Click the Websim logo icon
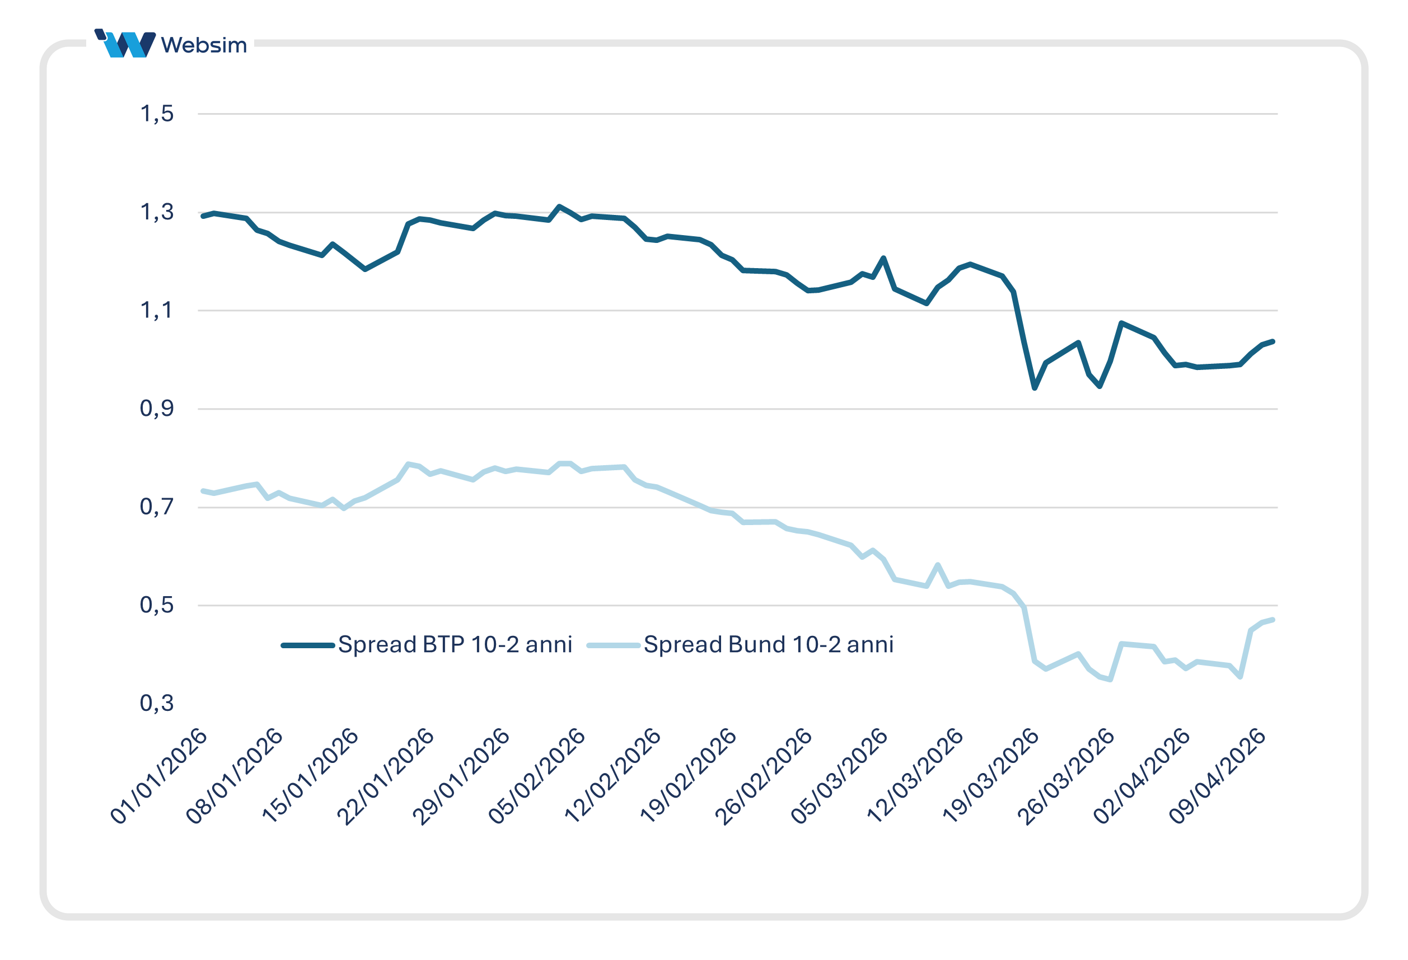125,44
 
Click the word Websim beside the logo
204,45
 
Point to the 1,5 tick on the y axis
157,113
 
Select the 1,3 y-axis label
157,212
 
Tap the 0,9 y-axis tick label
157,408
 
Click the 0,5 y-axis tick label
157,605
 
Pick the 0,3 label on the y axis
157,703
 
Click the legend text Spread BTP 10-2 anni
455,644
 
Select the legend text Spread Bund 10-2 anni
768,644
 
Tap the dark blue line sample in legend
308,645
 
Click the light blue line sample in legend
614,645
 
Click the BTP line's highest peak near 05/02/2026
559,207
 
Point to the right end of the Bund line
1273,620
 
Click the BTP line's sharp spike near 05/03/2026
883,258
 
